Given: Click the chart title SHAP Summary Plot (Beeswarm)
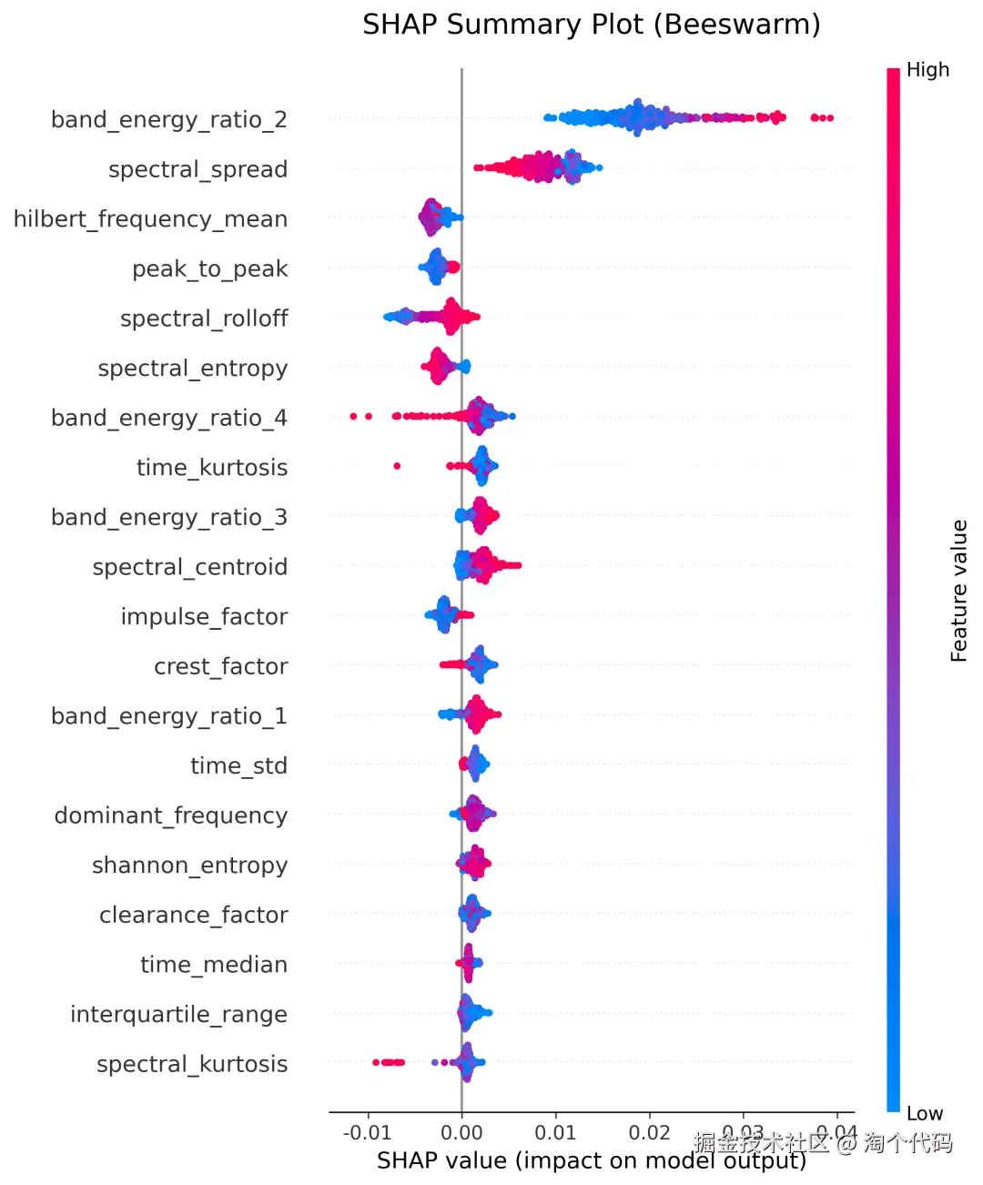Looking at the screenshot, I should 591,25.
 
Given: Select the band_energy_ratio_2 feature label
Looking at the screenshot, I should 169,120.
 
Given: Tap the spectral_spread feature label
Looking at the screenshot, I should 198,170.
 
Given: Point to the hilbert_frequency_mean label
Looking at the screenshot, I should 150,219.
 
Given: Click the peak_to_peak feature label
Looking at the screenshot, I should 209,269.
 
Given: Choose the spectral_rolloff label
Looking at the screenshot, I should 204,319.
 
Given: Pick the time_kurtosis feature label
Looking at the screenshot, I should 211,468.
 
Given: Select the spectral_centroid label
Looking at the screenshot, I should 189,567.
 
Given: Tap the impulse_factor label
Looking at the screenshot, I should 204,617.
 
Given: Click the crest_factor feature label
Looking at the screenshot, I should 220,667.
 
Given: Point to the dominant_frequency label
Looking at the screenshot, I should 170,815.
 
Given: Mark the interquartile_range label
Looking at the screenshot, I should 178,1015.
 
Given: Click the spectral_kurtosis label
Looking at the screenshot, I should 192,1064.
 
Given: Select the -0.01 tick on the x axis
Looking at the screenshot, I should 367,1133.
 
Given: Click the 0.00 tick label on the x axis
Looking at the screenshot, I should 461,1133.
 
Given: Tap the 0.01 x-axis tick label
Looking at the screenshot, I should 555,1133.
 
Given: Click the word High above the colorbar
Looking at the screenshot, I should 927,70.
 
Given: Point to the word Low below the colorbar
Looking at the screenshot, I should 925,1114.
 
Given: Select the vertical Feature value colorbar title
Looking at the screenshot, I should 959,591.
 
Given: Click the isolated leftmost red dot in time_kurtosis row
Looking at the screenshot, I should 397,466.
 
